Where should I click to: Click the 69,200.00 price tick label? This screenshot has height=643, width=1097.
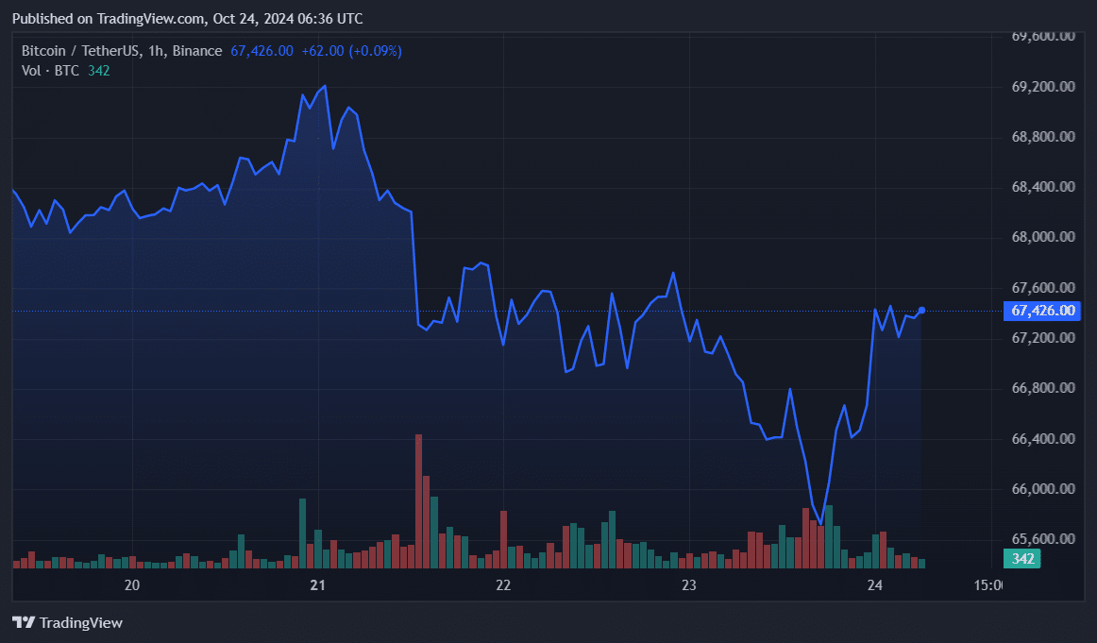point(1043,87)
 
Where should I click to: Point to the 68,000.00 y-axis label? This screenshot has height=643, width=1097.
point(1043,237)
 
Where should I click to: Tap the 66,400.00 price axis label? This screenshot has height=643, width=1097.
point(1043,439)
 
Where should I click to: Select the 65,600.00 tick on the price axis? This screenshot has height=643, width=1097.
point(1043,539)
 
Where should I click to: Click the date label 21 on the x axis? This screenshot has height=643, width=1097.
point(318,585)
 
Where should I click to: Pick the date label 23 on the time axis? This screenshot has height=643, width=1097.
point(689,585)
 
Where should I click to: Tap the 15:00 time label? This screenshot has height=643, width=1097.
point(987,585)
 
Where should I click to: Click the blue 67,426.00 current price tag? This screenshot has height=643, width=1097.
point(1043,311)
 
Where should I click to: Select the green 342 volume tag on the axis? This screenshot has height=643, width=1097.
point(1023,559)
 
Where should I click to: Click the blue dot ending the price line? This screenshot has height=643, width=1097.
point(921,310)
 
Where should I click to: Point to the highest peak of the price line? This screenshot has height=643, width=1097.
point(325,86)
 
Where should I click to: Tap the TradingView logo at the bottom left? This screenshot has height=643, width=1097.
point(67,622)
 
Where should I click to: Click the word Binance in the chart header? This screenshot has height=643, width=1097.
point(199,51)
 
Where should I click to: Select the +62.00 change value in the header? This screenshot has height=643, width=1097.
point(322,51)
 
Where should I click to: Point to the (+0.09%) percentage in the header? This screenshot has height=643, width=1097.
point(375,51)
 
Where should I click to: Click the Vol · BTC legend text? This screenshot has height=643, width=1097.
point(51,70)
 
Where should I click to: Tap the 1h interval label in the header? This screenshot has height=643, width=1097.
point(155,51)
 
